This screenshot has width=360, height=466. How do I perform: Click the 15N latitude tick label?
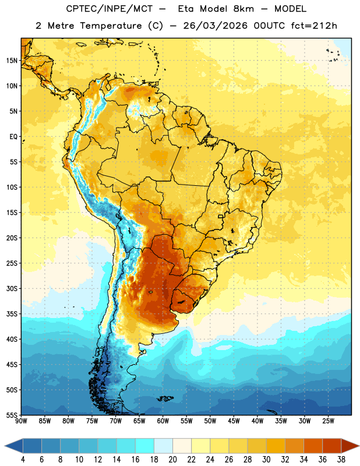coord(12,61)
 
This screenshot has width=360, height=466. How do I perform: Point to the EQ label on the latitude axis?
coord(13,137)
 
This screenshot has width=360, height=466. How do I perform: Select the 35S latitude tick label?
coord(12,314)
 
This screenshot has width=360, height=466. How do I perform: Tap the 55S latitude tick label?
coord(12,415)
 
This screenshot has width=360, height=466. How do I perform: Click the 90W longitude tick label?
coord(21,421)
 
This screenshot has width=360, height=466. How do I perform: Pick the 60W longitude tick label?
coord(163,421)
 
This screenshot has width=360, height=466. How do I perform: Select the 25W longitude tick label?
coord(328,421)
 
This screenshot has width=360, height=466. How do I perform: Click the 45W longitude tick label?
coord(234,421)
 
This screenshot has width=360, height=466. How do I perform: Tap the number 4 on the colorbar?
coord(23,460)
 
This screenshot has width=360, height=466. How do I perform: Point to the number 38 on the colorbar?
coord(341,460)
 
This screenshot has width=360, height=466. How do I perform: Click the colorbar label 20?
coord(172,460)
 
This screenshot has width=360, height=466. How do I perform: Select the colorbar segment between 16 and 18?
coord(145,446)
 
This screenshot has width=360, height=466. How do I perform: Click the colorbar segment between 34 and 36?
coord(313,446)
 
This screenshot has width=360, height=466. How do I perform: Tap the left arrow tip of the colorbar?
coord(5,446)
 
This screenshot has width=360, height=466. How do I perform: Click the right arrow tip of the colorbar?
coord(359,446)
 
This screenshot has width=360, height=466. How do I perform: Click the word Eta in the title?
coord(186,9)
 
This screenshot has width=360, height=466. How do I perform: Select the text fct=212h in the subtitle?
coord(314,26)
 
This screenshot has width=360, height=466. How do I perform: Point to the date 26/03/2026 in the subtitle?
coord(215,26)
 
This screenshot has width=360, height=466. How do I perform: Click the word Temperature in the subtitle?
coord(111,26)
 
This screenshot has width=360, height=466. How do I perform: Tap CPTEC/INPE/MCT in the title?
coord(109,9)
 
